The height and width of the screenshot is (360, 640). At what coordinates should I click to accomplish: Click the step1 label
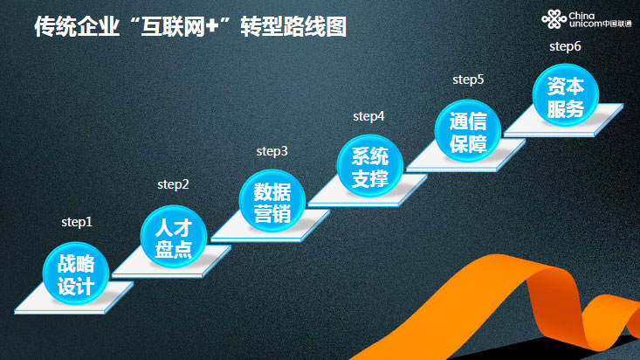pyautogui.click(x=77, y=222)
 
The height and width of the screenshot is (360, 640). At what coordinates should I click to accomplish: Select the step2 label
pyautogui.click(x=173, y=184)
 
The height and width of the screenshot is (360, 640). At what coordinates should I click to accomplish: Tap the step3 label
pyautogui.click(x=272, y=151)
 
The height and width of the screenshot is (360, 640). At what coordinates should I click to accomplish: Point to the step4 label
pyautogui.click(x=368, y=116)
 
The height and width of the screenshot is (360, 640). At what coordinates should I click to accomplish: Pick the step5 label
pyautogui.click(x=468, y=80)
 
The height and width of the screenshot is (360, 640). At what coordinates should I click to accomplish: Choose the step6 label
pyautogui.click(x=565, y=46)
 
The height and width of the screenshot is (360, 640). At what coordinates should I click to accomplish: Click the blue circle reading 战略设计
pyautogui.click(x=76, y=273)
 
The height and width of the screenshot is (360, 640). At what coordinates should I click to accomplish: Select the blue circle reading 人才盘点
pyautogui.click(x=174, y=237)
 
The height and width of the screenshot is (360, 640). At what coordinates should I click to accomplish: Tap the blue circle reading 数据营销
pyautogui.click(x=272, y=202)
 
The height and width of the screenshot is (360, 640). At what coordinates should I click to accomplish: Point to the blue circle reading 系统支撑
pyautogui.click(x=370, y=166)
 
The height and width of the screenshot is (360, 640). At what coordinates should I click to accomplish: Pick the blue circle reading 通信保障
pyautogui.click(x=468, y=131)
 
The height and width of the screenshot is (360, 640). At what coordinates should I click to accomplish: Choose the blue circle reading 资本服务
pyautogui.click(x=566, y=95)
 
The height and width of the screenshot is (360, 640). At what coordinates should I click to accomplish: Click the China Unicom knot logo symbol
pyautogui.click(x=554, y=19)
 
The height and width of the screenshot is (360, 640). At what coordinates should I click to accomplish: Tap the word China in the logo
pyautogui.click(x=582, y=16)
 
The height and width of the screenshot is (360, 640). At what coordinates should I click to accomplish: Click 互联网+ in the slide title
pyautogui.click(x=180, y=27)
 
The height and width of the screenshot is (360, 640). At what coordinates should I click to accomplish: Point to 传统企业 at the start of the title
pyautogui.click(x=77, y=27)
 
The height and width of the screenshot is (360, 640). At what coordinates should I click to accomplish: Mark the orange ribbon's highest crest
pyautogui.click(x=500, y=258)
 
